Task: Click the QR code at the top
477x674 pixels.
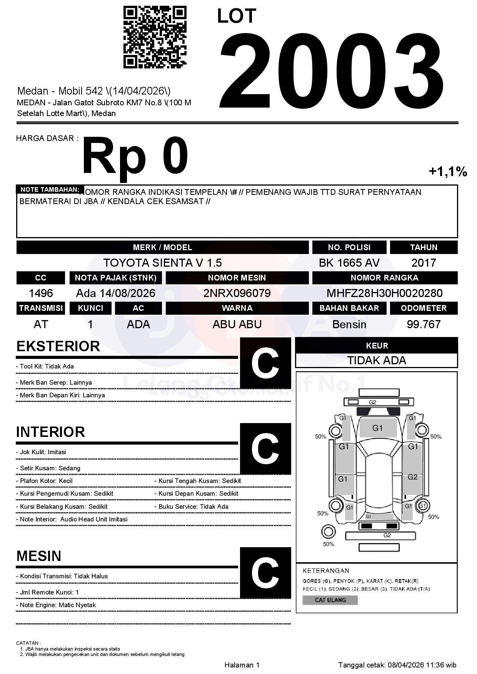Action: click(x=155, y=37)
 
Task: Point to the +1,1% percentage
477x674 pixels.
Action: click(x=448, y=171)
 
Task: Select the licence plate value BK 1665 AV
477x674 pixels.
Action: click(x=349, y=263)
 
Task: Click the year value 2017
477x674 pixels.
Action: click(x=424, y=263)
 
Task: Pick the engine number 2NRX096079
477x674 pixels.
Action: click(x=237, y=293)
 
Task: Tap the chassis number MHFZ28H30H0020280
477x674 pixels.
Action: click(x=384, y=293)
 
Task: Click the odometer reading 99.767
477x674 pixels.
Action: click(x=424, y=324)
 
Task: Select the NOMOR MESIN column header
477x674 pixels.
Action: click(x=237, y=278)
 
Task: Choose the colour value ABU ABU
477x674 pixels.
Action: click(x=237, y=324)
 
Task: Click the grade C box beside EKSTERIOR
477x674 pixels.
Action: click(x=265, y=363)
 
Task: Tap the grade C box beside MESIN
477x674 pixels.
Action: click(x=265, y=573)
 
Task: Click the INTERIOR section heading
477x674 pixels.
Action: click(x=50, y=432)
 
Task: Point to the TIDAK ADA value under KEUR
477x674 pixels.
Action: click(x=377, y=360)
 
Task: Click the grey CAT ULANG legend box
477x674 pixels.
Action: click(x=330, y=600)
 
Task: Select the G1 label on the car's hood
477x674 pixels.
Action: click(x=377, y=428)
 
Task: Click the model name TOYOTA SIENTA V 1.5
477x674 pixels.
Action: click(x=162, y=263)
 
